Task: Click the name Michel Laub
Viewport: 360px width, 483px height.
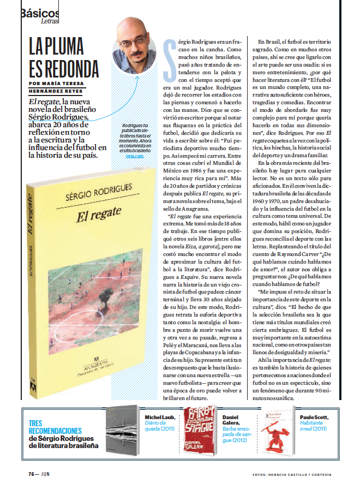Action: [160, 418]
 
